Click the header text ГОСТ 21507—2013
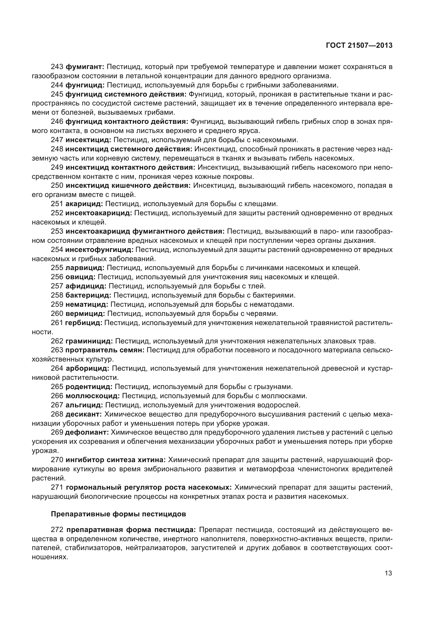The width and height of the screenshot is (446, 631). coord(359,46)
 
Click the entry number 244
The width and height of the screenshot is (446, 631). coord(57,85)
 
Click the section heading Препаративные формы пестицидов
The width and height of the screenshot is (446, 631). coord(119,514)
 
